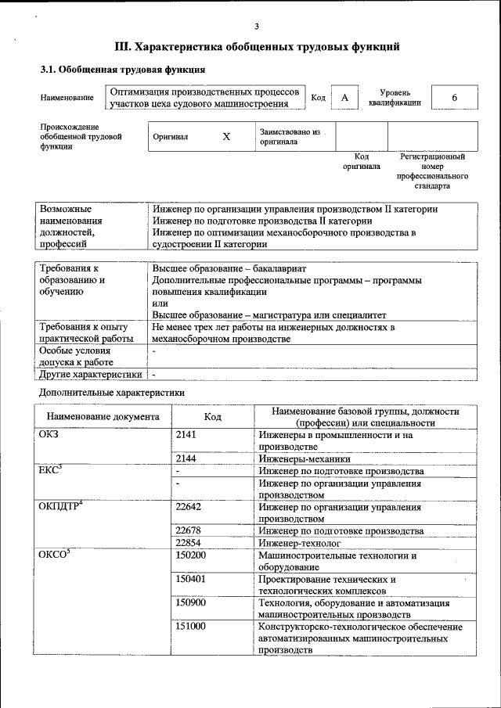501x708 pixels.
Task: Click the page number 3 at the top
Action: click(x=257, y=26)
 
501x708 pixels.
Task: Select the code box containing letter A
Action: click(x=344, y=97)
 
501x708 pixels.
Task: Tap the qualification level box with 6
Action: click(x=454, y=97)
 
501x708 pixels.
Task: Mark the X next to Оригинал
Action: click(x=226, y=136)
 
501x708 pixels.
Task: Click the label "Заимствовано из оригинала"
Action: click(x=290, y=138)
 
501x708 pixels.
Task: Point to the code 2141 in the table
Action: click(x=187, y=435)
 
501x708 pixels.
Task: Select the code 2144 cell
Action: click(x=187, y=459)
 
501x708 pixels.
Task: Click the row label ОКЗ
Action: click(x=49, y=435)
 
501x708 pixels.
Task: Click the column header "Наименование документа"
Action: click(x=103, y=417)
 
